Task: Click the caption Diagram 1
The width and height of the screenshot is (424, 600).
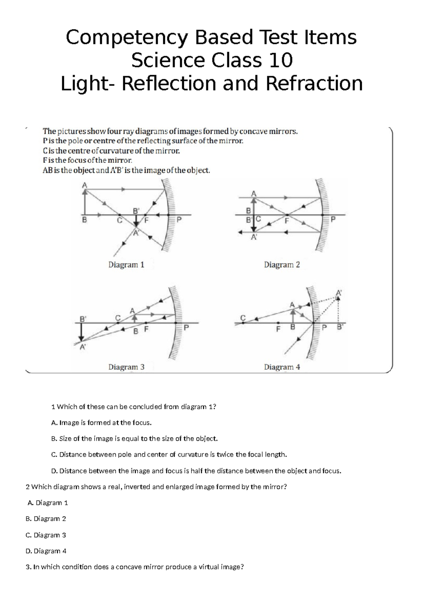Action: (x=126, y=265)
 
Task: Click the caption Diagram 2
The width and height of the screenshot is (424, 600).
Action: (x=282, y=265)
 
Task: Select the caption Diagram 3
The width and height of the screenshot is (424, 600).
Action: (x=126, y=367)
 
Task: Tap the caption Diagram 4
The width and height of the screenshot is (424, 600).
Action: (x=282, y=367)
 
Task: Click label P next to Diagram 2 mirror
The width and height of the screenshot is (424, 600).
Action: (x=332, y=220)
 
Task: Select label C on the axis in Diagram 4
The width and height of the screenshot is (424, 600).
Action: (x=243, y=318)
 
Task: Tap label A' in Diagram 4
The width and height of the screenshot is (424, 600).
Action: (x=338, y=293)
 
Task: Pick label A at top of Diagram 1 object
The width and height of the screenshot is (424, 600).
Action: (x=84, y=185)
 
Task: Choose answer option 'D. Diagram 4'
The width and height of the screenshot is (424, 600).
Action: (x=46, y=551)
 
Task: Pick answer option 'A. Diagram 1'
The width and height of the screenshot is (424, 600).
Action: (x=47, y=503)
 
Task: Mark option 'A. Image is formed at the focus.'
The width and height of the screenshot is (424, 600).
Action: (x=101, y=422)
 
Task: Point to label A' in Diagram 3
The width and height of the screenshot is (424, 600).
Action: (x=83, y=347)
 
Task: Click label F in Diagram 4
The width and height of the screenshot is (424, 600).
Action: (x=278, y=329)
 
